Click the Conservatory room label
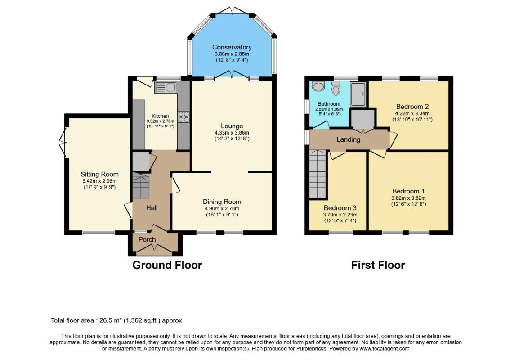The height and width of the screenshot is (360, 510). [x=232, y=48]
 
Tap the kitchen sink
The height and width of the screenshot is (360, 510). [x=166, y=88]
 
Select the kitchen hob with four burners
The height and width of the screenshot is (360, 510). [x=183, y=117]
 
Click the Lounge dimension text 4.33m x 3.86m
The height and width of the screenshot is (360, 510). [x=232, y=133]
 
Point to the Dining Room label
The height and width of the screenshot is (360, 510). [x=222, y=202]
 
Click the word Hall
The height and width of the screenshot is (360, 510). [x=152, y=207]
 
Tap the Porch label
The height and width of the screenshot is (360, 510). [x=147, y=239]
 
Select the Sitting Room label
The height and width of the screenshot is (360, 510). [x=99, y=175]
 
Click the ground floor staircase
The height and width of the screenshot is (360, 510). [x=140, y=185]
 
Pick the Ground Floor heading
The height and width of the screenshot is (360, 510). [x=167, y=265]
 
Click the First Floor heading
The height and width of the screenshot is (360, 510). [x=378, y=265]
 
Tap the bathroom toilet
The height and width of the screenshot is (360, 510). [x=336, y=88]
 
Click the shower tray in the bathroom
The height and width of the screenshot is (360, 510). [x=358, y=94]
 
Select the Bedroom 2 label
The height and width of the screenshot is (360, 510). [x=412, y=107]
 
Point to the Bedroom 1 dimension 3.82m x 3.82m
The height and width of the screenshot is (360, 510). [x=408, y=198]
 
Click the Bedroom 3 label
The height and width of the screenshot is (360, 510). [x=340, y=208]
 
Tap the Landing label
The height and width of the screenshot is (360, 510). [x=348, y=139]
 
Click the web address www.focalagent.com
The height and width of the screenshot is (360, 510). [x=385, y=349]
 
